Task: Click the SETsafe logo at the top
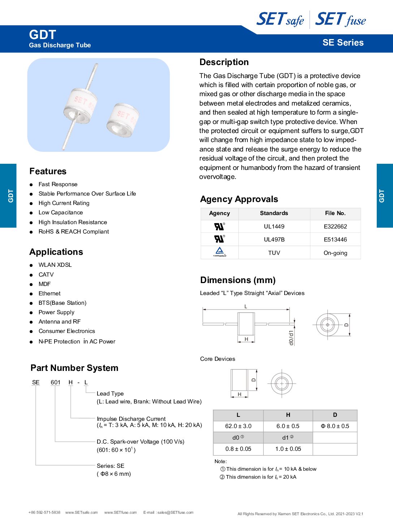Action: tap(280, 19)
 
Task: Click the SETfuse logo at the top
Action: tap(340, 19)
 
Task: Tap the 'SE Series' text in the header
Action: tap(343, 43)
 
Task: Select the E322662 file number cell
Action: tap(335, 227)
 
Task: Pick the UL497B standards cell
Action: tap(274, 240)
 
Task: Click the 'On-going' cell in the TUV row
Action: tap(335, 253)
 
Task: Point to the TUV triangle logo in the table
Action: tap(219, 252)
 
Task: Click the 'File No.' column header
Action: tap(335, 213)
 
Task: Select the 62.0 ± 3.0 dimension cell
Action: tap(238, 426)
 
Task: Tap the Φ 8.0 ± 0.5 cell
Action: tap(335, 426)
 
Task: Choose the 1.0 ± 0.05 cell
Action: tap(288, 449)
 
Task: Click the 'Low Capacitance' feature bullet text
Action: tap(61, 213)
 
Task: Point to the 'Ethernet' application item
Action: tap(49, 294)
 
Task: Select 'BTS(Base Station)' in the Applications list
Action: tap(62, 303)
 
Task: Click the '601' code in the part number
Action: tap(56, 382)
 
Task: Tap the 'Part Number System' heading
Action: tap(74, 368)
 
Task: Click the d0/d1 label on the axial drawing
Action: tap(291, 337)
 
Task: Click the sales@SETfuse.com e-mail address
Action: tap(175, 512)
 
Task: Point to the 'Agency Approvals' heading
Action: tap(239, 199)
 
